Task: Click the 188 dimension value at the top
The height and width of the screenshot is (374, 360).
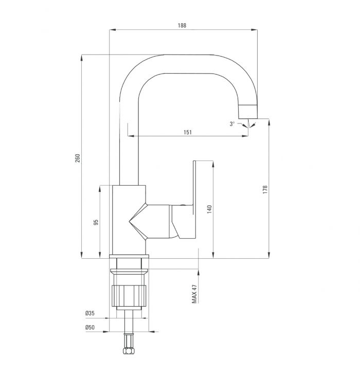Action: (182, 25)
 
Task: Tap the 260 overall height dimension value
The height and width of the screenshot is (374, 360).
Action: (78, 158)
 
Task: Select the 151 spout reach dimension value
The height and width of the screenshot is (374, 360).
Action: (188, 132)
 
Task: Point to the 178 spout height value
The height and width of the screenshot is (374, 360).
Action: (265, 189)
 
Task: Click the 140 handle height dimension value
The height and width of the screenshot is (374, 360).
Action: (209, 209)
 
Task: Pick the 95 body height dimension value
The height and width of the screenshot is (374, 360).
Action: (96, 223)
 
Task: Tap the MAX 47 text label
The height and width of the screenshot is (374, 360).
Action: (194, 294)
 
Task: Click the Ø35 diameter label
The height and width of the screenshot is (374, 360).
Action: (90, 313)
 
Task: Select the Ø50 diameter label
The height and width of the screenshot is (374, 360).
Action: (90, 327)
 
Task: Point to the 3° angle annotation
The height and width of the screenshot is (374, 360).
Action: (232, 124)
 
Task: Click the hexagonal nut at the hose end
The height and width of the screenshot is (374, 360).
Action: (129, 351)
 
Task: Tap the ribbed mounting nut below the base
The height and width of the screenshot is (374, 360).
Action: (129, 296)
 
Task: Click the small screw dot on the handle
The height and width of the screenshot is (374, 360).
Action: (183, 205)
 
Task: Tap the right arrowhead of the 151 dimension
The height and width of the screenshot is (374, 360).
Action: (245, 136)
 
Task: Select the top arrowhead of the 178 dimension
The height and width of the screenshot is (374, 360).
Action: (269, 122)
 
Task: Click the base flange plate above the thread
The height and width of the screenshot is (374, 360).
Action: (129, 256)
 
